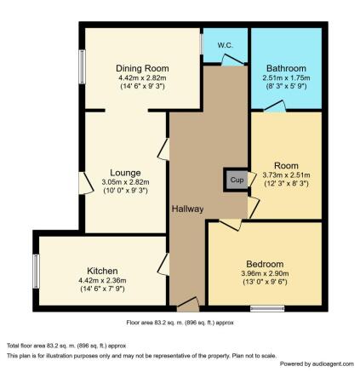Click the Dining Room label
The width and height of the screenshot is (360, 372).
[142, 68]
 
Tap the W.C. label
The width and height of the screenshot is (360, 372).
[226, 45]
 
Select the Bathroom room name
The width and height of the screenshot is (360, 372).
[286, 68]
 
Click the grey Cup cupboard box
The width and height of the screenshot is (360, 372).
[237, 180]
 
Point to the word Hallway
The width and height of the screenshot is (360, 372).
[187, 209]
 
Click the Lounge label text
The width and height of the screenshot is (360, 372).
[125, 173]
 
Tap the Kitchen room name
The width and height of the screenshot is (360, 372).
[102, 271]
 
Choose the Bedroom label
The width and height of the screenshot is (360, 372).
[265, 264]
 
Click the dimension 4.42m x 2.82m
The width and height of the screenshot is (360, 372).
[142, 77]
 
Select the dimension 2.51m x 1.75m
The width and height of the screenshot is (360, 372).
[286, 77]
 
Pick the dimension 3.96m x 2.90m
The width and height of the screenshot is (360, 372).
[265, 273]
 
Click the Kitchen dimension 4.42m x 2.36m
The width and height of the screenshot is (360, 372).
[102, 281]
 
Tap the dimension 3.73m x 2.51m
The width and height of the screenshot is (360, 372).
[286, 175]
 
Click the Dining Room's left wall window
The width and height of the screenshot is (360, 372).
[82, 66]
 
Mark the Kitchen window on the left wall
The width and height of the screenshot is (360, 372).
[36, 272]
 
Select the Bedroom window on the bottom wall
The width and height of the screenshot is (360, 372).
[267, 308]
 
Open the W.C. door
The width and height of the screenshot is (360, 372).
[232, 60]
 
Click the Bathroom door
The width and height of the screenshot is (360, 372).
[275, 106]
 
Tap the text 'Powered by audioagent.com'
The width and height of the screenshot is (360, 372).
[317, 364]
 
